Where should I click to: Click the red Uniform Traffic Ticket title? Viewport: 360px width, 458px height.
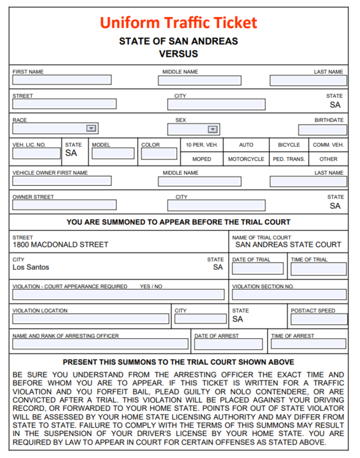pos(179,23)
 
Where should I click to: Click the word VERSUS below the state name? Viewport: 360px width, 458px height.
pos(179,54)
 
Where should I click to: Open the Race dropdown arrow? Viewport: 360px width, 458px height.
pos(91,129)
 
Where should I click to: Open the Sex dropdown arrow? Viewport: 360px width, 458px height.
pos(212,129)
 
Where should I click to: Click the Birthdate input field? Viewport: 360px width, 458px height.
pos(322,130)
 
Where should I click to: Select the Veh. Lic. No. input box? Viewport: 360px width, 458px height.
pos(36,154)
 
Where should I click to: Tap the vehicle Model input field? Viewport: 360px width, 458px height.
pos(113,154)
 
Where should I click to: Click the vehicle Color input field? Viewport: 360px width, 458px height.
pos(159,154)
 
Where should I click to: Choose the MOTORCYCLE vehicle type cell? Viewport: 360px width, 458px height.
pos(246,159)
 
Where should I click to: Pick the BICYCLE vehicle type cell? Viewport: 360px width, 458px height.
pos(289,145)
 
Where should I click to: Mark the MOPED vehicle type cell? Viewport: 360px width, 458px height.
pos(201,159)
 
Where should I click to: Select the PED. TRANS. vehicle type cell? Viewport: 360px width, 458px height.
pos(289,159)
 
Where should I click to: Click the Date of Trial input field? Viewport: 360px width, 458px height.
pos(257,269)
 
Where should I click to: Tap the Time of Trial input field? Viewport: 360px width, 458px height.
pos(318,269)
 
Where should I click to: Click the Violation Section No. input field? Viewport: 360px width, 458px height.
pos(289,295)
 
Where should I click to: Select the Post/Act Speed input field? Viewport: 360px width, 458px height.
pos(319,319)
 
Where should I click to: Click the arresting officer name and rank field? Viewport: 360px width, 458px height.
pos(101,344)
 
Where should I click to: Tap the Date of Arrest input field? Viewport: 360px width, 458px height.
pos(228,344)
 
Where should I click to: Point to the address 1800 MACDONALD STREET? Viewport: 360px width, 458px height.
pos(60,245)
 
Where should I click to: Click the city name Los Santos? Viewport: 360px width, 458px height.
pos(31,267)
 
